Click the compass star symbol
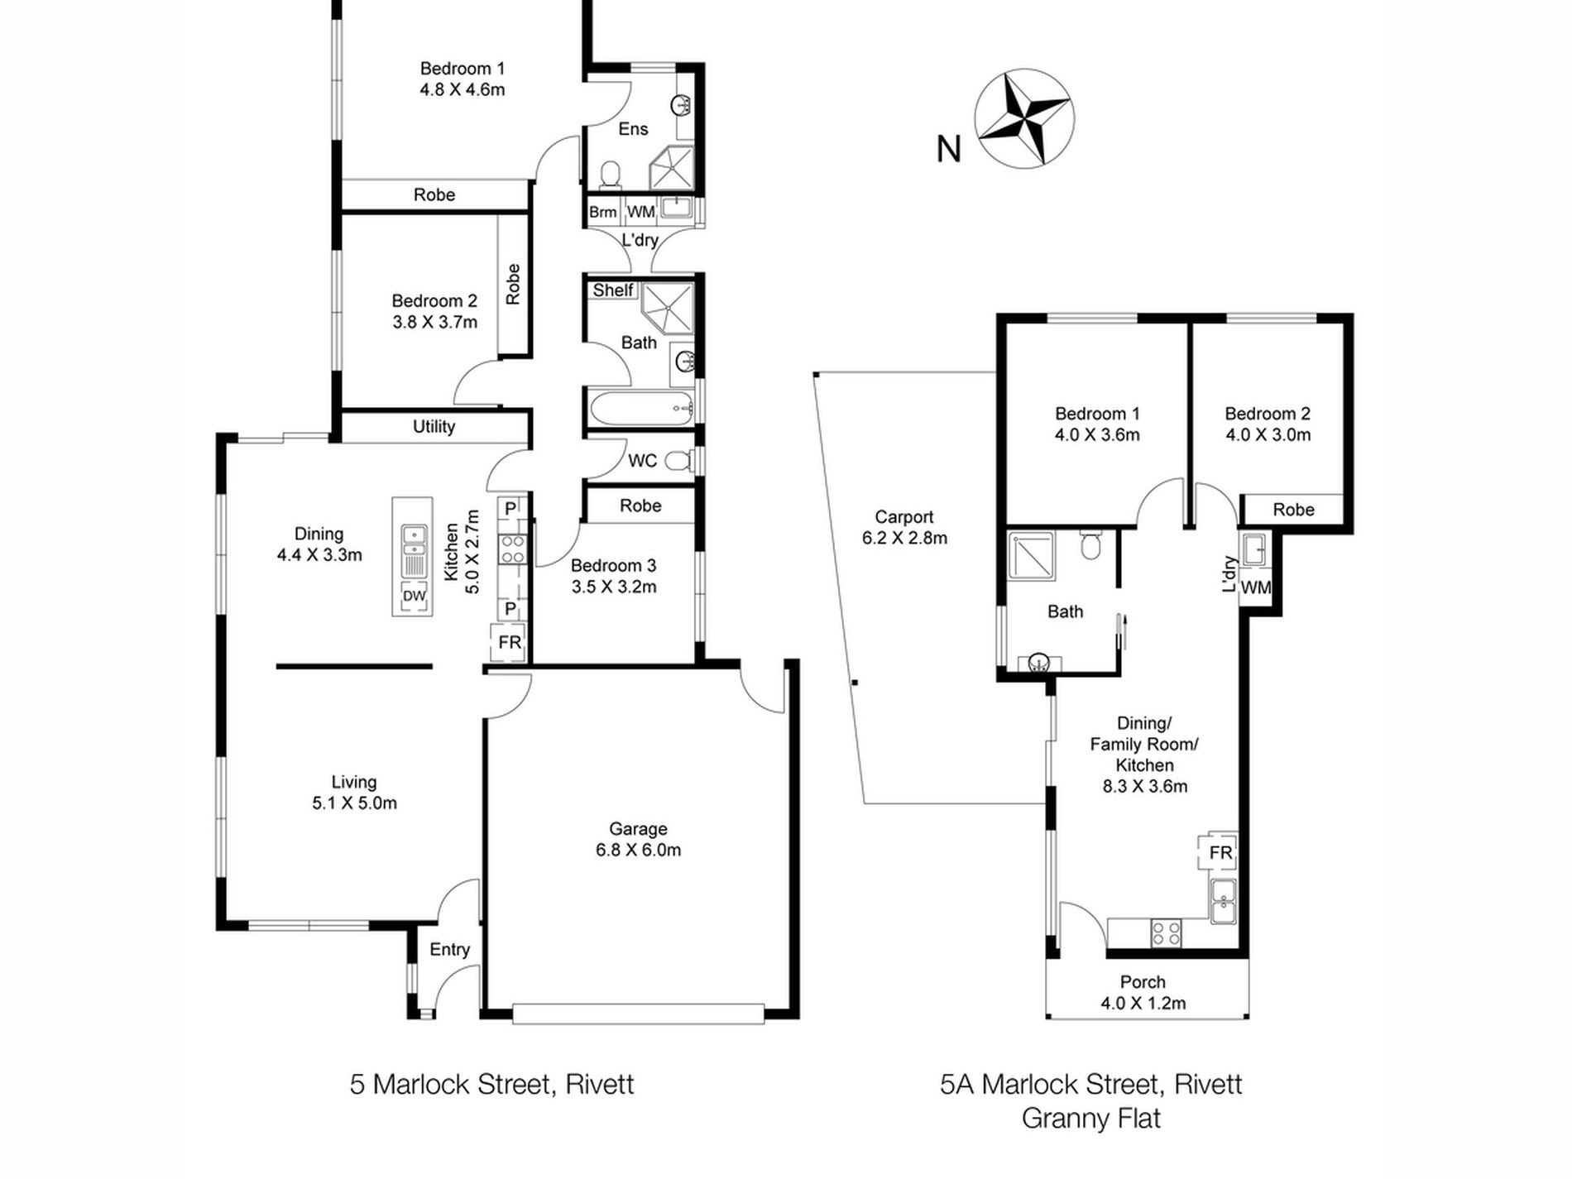[1024, 117]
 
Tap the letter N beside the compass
[949, 149]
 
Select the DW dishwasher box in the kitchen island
[414, 597]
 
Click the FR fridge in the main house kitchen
[510, 643]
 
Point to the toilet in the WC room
[680, 461]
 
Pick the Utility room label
[434, 426]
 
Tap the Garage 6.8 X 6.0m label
[638, 839]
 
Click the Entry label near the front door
[449, 950]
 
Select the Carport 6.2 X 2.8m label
[904, 527]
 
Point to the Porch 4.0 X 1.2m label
[1143, 992]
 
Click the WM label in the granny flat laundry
[1256, 587]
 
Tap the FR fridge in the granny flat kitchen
[1220, 852]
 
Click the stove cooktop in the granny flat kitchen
[1166, 933]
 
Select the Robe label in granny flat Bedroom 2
[1293, 510]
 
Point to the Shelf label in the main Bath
[612, 290]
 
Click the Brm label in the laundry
[603, 212]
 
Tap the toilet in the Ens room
[610, 173]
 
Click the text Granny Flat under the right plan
[1091, 1119]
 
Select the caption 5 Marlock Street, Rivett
[491, 1084]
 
